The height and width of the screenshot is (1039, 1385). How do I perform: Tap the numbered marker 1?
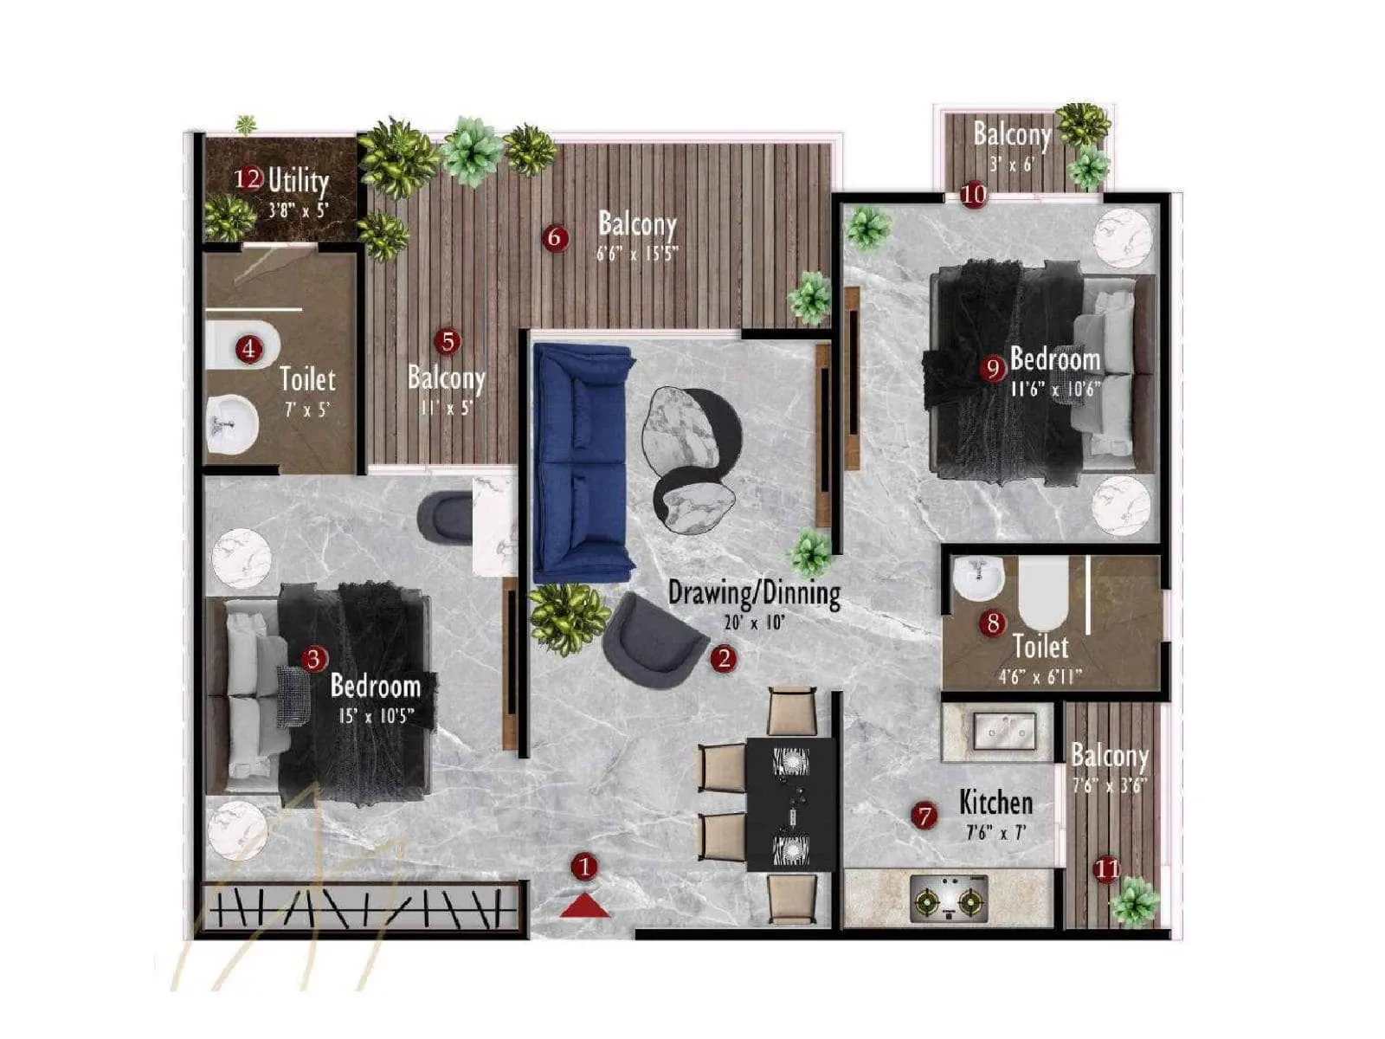click(x=585, y=866)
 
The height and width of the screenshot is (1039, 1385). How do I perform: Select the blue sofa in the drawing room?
click(x=581, y=463)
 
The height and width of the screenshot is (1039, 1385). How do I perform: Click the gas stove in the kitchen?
click(x=950, y=897)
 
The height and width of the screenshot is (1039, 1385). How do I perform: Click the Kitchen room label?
click(x=995, y=803)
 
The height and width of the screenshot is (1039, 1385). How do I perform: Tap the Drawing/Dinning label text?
click(x=754, y=594)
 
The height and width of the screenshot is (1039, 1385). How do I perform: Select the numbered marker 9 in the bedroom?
click(x=994, y=369)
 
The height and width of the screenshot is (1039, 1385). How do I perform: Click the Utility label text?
click(x=298, y=181)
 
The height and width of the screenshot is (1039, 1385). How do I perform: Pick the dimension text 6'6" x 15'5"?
click(x=637, y=254)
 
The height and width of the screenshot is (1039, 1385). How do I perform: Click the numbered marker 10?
click(x=974, y=194)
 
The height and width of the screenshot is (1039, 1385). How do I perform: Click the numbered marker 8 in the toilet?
click(x=993, y=623)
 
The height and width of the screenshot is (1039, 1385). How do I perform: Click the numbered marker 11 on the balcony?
click(x=1107, y=868)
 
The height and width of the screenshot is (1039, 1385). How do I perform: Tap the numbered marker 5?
click(x=448, y=342)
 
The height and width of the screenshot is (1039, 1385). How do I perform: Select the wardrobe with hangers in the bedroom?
click(x=361, y=908)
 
